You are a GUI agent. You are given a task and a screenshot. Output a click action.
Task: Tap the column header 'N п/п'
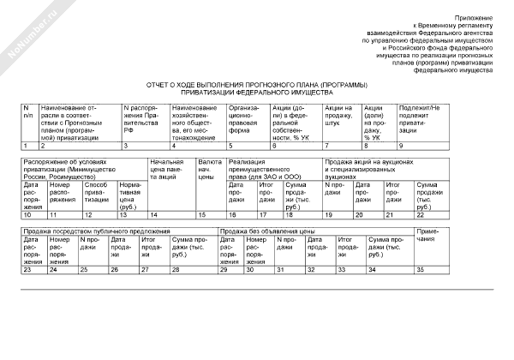pyautogui.click(x=28, y=111)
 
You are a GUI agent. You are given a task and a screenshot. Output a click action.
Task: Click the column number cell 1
pyautogui.click(x=27, y=147)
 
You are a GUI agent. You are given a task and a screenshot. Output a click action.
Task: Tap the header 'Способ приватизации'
pyautogui.click(x=97, y=194)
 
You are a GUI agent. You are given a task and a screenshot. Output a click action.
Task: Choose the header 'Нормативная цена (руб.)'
pyautogui.click(x=130, y=196)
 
